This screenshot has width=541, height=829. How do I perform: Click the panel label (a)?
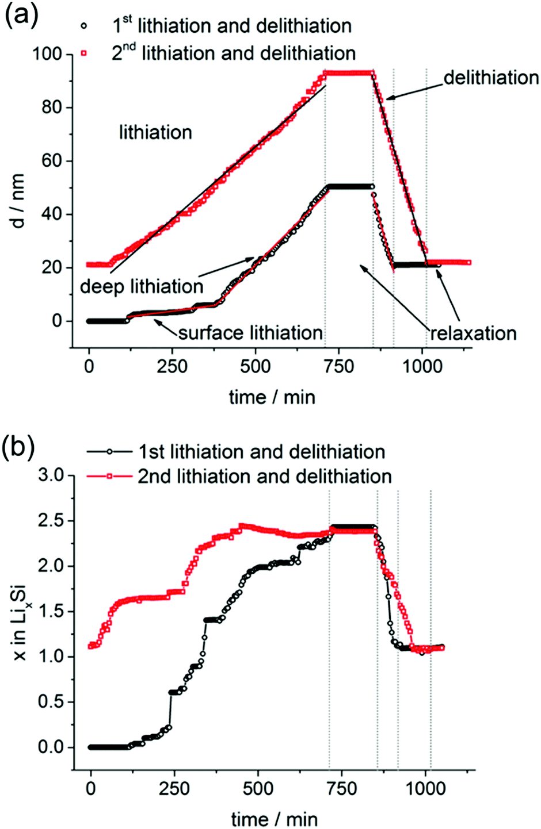point(22,16)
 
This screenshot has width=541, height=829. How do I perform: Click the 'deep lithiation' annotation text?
point(142,286)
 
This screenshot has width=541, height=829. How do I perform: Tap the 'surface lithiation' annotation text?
point(250,332)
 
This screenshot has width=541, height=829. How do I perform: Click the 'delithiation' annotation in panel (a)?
point(491,77)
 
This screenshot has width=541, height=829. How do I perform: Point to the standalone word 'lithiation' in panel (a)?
point(155,132)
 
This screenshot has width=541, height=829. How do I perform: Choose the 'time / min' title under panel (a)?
point(272,397)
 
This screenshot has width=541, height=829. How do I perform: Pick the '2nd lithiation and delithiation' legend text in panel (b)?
point(265,477)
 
